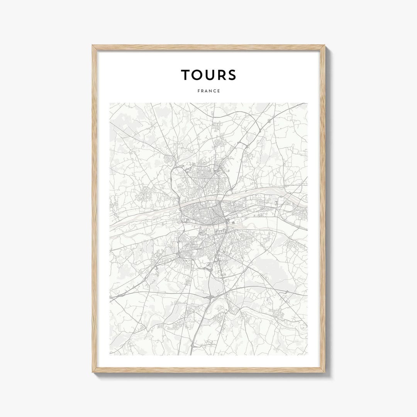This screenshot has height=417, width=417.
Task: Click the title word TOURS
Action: (208, 75)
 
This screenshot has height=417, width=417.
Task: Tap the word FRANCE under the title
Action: (208, 91)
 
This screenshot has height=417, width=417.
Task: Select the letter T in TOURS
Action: (186, 75)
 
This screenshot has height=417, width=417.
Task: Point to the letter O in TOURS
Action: (199, 75)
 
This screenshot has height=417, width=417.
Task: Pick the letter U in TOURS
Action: (212, 75)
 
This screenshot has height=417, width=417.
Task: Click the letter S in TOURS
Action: (232, 75)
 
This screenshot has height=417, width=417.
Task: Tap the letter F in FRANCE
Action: (198, 91)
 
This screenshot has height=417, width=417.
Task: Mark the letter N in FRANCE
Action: (210, 91)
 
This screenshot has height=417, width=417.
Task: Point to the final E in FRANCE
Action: (219, 91)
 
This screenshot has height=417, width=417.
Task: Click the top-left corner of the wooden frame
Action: (93, 46)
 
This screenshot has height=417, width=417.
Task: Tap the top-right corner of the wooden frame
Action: (325, 46)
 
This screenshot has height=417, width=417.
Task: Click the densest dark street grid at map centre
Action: (205, 214)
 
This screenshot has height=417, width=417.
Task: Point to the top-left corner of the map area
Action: (110, 103)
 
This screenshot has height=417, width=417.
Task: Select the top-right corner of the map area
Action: (308, 103)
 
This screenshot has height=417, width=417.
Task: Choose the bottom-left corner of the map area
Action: (110, 355)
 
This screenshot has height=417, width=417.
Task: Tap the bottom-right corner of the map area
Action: (308, 355)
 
